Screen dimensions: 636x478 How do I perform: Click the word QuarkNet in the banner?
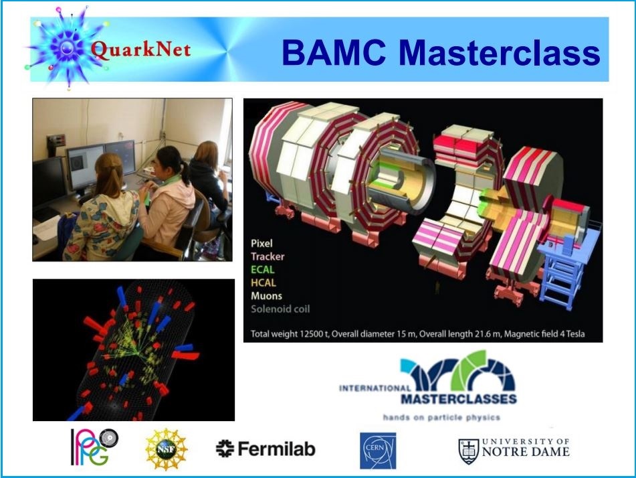(x=140, y=50)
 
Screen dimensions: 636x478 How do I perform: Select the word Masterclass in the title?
(x=500, y=53)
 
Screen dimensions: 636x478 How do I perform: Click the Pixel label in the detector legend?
(x=261, y=243)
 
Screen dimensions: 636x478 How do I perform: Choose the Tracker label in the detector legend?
(x=268, y=256)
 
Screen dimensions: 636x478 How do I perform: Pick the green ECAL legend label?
(x=263, y=269)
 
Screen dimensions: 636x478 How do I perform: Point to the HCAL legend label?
(x=263, y=283)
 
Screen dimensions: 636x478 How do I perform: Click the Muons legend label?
(x=266, y=296)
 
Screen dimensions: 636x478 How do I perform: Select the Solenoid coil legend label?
(x=280, y=309)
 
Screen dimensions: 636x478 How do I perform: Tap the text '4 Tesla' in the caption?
(x=572, y=334)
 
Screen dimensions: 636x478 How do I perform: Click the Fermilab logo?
(x=266, y=449)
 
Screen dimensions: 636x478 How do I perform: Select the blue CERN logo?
(x=378, y=451)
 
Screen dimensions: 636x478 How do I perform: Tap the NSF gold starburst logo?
(x=167, y=449)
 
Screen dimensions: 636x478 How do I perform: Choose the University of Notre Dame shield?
(x=469, y=451)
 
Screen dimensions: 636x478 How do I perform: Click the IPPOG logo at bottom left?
(x=94, y=447)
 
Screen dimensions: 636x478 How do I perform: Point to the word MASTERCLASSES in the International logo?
(x=459, y=399)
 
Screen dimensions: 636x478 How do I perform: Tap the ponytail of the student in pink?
(x=185, y=172)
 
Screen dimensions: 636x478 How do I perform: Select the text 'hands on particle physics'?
(x=441, y=418)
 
